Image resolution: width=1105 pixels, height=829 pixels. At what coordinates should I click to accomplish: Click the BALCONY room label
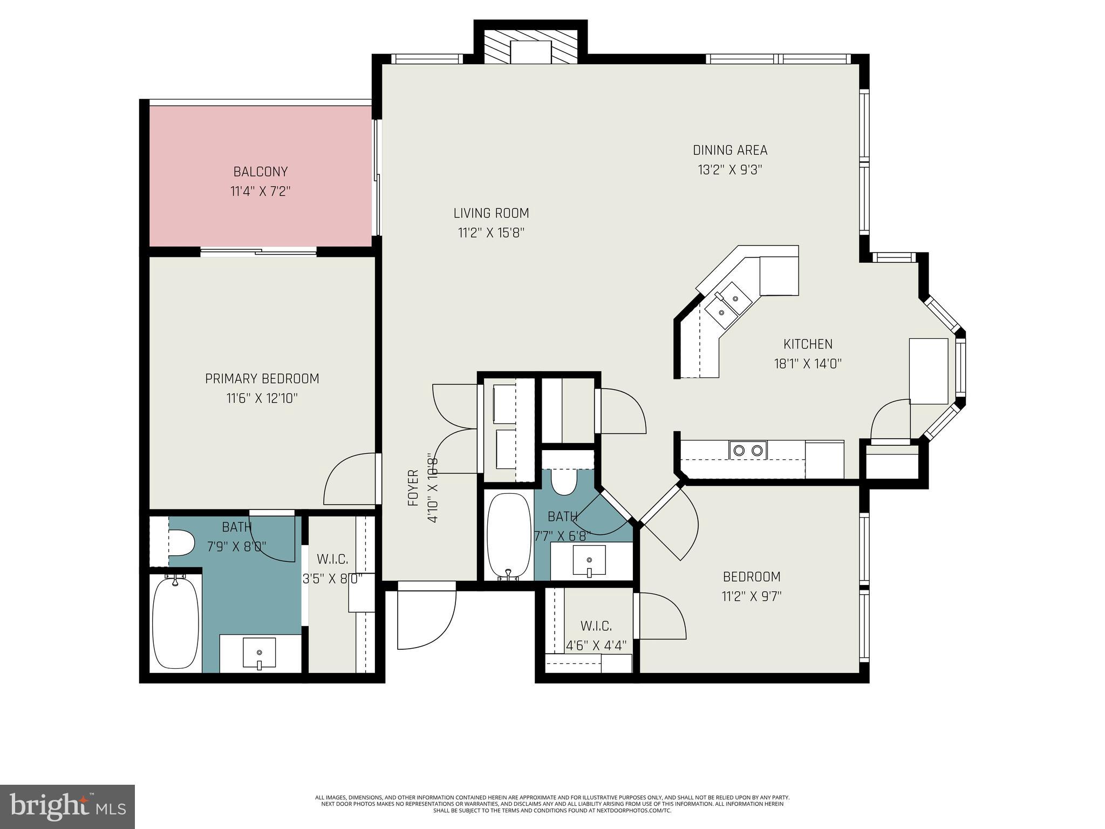point(261,172)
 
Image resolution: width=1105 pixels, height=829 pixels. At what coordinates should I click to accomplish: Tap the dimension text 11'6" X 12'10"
point(262,399)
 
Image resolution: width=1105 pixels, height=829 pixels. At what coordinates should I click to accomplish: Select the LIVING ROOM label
point(491,213)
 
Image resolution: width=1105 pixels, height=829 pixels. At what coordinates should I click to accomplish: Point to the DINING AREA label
point(730,150)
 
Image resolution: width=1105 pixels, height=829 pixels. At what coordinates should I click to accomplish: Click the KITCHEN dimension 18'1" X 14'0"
point(808,364)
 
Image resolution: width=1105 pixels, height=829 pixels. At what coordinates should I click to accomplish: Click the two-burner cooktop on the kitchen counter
point(748,450)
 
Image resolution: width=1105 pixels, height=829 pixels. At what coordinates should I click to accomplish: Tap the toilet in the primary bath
point(181,542)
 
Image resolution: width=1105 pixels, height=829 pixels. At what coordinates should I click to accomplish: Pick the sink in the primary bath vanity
point(259,653)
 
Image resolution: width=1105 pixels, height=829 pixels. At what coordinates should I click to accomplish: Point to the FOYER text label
point(413,488)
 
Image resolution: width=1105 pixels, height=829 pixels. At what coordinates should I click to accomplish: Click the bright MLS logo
point(67,806)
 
